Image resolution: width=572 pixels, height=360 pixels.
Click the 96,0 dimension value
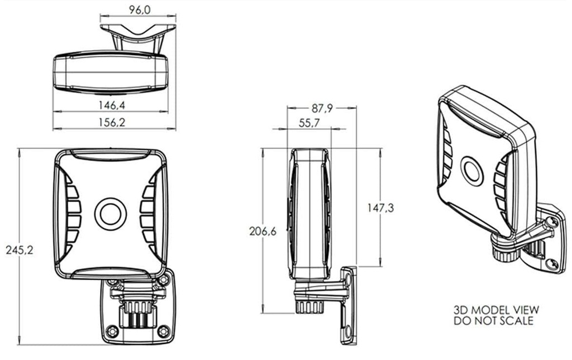(x=140, y=10)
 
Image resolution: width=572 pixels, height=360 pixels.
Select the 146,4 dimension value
(x=112, y=105)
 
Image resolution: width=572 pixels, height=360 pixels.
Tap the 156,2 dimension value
(x=112, y=122)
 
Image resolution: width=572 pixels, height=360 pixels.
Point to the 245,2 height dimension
(x=20, y=250)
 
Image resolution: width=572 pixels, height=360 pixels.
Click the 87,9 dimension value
(x=322, y=108)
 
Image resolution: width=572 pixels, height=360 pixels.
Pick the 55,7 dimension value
(x=309, y=123)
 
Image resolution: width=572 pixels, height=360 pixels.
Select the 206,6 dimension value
(x=263, y=231)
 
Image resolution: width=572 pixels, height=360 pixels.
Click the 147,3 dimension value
(x=380, y=208)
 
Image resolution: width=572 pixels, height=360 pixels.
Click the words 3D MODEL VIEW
(x=496, y=310)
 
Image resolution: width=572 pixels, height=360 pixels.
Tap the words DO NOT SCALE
(x=493, y=321)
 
